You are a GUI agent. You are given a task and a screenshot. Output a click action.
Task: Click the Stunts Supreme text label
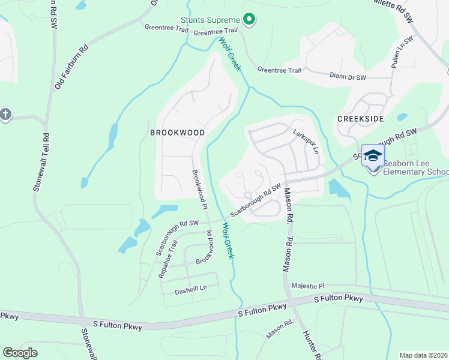point(210,20)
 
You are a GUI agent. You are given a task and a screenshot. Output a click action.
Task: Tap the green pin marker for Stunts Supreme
point(248,20)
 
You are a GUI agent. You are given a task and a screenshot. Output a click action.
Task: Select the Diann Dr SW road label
point(348,77)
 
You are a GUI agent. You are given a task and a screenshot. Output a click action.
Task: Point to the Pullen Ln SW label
point(403,52)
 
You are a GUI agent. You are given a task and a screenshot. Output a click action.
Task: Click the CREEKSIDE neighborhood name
point(360,119)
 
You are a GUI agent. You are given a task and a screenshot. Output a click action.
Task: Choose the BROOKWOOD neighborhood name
point(177,132)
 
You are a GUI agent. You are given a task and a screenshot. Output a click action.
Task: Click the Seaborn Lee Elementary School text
point(415,167)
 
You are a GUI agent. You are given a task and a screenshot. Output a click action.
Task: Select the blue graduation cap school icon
point(373,156)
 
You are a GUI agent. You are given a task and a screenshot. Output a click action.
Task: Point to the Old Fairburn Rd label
point(71,67)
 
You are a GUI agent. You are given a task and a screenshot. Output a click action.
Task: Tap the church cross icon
point(5,115)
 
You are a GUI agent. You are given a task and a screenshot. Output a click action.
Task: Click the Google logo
point(20,352)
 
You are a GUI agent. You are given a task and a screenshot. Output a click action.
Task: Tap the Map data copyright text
point(423,355)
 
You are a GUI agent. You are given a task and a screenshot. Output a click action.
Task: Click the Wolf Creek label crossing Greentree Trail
point(230,55)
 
